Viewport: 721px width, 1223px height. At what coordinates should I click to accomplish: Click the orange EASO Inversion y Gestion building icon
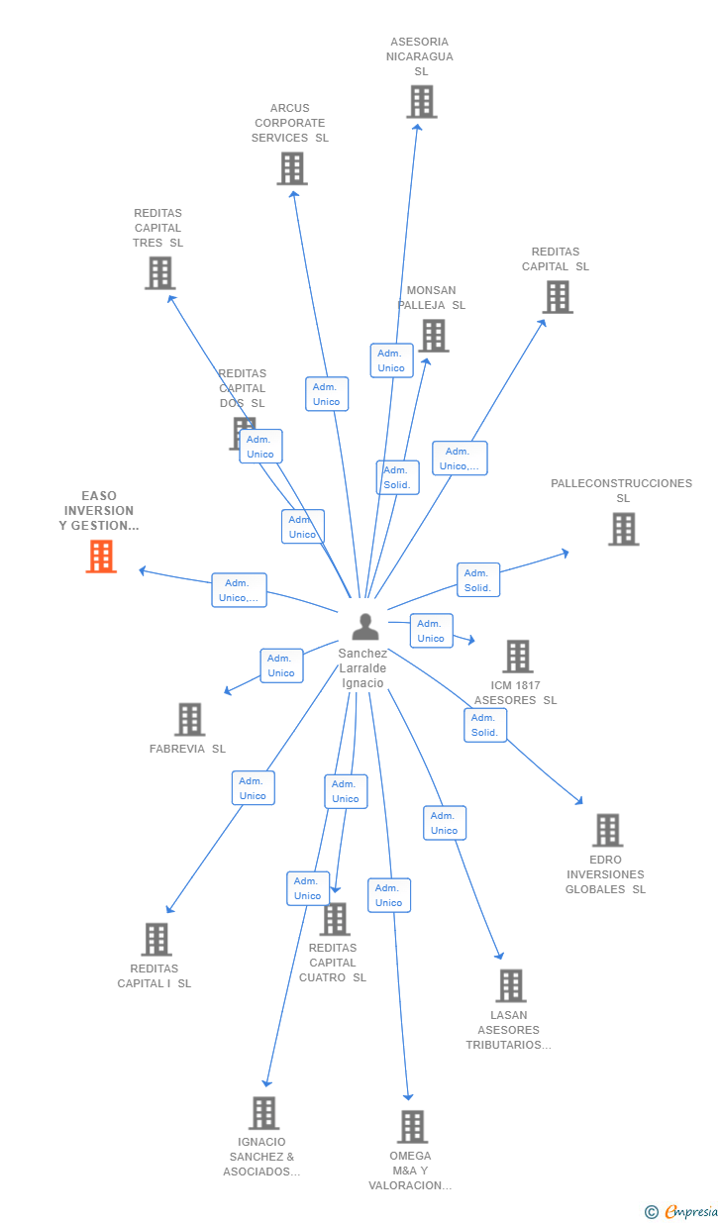click(101, 557)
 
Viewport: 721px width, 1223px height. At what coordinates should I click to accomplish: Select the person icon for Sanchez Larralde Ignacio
click(365, 627)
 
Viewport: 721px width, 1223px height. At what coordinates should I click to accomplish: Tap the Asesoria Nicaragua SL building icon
click(422, 102)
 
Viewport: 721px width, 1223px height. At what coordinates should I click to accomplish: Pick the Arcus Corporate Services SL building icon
click(292, 168)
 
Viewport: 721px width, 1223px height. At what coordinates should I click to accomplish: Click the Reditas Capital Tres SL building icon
click(159, 272)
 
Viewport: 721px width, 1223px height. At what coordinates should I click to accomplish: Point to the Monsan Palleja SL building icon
click(433, 336)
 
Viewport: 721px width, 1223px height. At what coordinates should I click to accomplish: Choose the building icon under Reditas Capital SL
click(558, 297)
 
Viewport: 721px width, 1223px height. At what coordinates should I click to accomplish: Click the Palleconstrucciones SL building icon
click(623, 529)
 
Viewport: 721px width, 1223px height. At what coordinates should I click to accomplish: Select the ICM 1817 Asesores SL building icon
click(517, 656)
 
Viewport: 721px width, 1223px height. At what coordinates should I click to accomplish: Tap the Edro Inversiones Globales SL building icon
click(607, 830)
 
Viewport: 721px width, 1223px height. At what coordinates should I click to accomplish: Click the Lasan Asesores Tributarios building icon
click(510, 985)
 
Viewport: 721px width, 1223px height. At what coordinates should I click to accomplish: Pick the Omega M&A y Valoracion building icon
click(412, 1126)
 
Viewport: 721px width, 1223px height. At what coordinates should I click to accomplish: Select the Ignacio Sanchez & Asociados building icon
click(263, 1113)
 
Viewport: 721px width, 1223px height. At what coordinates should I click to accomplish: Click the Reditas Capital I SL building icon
click(155, 939)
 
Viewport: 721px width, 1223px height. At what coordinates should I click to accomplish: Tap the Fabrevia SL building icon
click(189, 719)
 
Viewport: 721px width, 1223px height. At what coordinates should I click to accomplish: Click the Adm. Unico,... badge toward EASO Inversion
click(239, 590)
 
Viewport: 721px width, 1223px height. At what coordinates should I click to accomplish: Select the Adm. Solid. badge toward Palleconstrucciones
click(477, 580)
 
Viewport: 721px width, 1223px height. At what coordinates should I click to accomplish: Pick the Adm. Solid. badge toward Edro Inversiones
click(484, 725)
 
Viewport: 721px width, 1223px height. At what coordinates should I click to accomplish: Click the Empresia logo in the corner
click(682, 1211)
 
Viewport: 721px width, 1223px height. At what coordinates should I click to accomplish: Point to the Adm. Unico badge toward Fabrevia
click(281, 665)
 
